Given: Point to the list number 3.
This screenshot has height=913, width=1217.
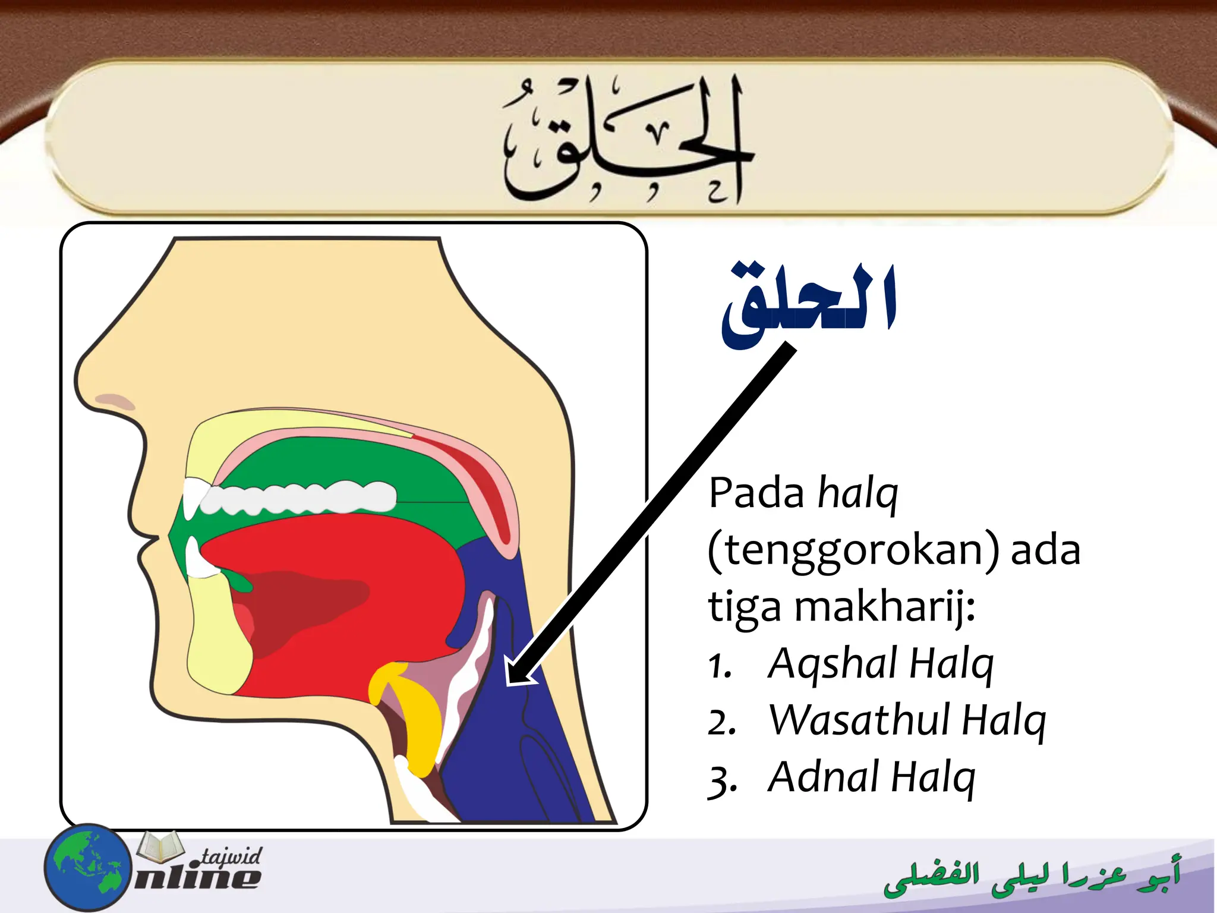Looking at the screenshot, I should click(722, 780).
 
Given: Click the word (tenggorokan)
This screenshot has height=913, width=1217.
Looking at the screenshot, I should click(852, 550).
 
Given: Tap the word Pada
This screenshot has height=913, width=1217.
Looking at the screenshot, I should click(756, 493).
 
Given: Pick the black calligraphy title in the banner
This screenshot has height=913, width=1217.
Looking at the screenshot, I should click(624, 143).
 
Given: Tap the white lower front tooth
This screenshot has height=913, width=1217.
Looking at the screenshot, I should click(195, 559).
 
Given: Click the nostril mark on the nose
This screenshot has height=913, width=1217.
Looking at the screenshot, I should click(115, 400).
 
